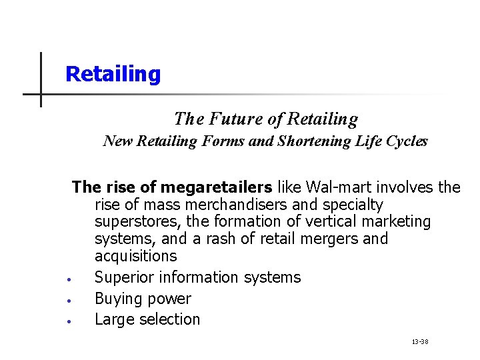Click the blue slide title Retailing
coord(113,74)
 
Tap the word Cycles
coord(406,141)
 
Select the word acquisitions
coord(135,257)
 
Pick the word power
coord(170,299)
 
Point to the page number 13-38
coord(420,342)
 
